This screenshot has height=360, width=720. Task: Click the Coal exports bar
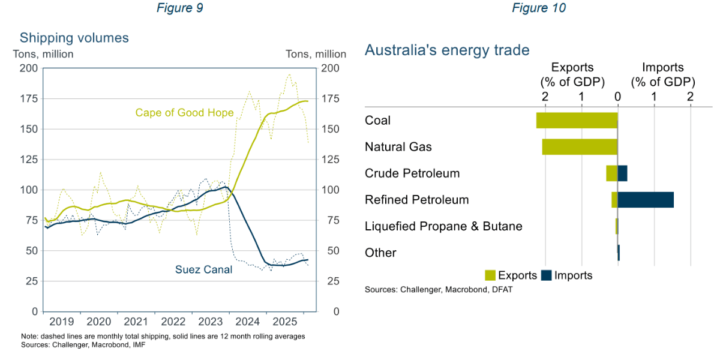coord(577,120)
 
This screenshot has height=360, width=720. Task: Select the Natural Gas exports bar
coord(580,147)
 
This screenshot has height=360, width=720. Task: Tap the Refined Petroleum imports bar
coord(646,200)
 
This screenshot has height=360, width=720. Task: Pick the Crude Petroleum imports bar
coord(622,173)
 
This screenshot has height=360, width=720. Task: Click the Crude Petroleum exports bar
coord(611,173)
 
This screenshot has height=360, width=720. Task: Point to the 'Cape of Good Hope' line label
coord(184,113)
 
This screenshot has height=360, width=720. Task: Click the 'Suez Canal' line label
coord(203,269)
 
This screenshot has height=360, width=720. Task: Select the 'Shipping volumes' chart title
coord(74,38)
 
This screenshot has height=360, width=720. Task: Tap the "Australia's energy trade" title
coord(447,50)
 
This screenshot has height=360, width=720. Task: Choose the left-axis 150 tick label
coord(28,129)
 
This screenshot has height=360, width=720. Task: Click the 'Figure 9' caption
coord(179,8)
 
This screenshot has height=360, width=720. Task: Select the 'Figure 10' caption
coord(538,8)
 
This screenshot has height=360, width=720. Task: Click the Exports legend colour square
coord(490,275)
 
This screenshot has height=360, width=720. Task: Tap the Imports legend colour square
coord(547,275)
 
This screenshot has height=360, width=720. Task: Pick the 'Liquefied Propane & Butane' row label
coord(443,226)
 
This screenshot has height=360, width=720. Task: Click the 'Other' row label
coord(380,253)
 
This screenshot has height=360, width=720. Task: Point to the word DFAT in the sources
coord(501,290)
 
